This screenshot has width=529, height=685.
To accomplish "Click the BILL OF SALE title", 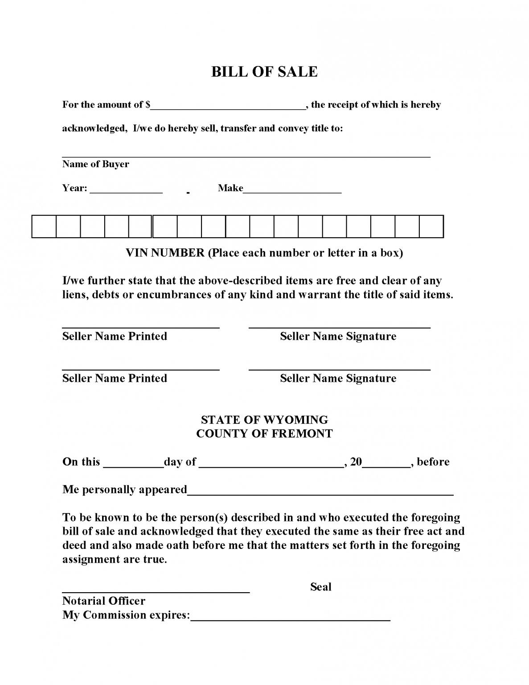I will pyautogui.click(x=264, y=72).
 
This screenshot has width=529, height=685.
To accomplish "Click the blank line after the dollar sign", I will pyautogui.click(x=228, y=106).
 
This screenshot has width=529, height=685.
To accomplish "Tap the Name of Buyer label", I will pyautogui.click(x=95, y=164).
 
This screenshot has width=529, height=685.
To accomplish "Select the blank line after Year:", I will pyautogui.click(x=126, y=190).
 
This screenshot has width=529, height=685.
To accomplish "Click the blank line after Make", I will pyautogui.click(x=292, y=190).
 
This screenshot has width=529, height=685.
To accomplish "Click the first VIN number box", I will pyautogui.click(x=44, y=227).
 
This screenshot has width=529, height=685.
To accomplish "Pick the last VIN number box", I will pyautogui.click(x=431, y=227).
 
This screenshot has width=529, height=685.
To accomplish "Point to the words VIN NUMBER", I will pyautogui.click(x=165, y=253).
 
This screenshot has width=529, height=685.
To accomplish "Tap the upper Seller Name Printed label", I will pyautogui.click(x=115, y=336).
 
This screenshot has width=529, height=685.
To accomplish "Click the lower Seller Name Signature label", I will pyautogui.click(x=338, y=378).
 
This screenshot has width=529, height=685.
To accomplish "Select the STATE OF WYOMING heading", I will pyautogui.click(x=264, y=420).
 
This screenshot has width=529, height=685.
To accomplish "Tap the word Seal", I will pyautogui.click(x=320, y=587).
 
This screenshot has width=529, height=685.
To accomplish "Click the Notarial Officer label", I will pyautogui.click(x=103, y=601).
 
